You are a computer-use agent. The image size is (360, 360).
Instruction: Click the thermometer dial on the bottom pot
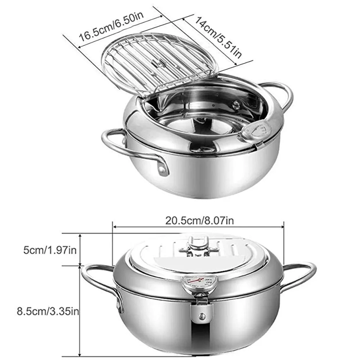(197, 282)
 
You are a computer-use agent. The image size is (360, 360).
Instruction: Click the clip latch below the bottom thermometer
(202, 308)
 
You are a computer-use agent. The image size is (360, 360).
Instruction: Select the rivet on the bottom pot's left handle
(118, 306)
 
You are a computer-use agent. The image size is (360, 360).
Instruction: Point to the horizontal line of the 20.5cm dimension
(198, 227)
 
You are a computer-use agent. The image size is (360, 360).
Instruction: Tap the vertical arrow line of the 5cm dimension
(80, 250)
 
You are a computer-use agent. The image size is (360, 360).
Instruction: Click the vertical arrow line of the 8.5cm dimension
(80, 310)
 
